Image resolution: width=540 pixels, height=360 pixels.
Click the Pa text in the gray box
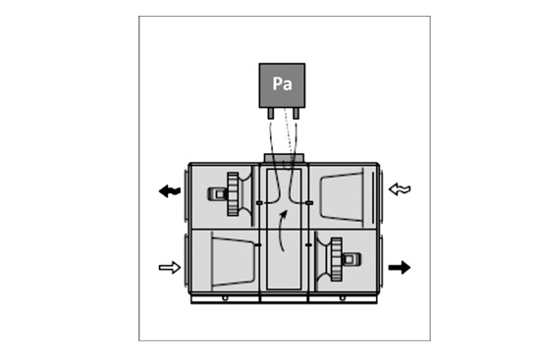point(282,83)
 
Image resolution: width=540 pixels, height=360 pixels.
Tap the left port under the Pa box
point(271,113)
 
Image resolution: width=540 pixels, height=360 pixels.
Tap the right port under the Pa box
point(296,113)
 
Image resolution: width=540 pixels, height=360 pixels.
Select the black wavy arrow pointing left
point(170,191)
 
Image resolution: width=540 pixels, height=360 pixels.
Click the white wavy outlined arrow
point(400,189)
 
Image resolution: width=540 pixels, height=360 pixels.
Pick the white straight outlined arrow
point(170,268)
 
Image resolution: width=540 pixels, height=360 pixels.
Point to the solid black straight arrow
point(400,268)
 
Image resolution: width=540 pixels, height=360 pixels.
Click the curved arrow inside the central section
point(281,231)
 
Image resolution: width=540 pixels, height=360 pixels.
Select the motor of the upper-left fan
point(217,194)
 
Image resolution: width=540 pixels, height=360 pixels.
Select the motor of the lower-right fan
point(351,259)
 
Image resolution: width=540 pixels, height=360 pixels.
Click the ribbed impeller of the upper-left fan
point(233,194)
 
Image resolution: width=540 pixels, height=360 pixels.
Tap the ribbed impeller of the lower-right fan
point(336,259)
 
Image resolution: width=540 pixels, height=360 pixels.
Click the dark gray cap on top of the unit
point(284,158)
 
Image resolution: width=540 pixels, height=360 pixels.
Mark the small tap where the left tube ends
point(259,203)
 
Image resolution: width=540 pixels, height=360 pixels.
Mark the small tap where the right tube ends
point(309,203)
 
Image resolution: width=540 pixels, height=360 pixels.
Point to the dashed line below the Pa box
point(289,138)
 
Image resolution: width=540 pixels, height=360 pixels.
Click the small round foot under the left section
point(225,298)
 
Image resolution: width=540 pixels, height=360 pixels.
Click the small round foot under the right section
point(342,298)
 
